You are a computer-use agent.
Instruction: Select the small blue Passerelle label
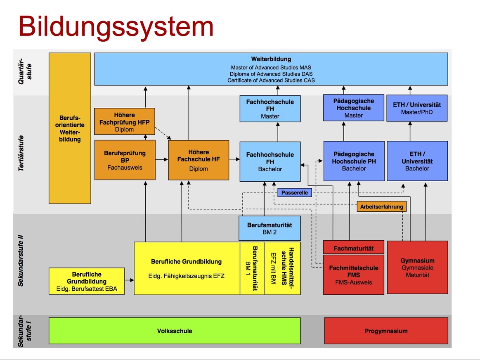295,192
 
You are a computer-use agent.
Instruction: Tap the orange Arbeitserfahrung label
381,206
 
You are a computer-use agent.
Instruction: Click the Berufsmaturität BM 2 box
270,228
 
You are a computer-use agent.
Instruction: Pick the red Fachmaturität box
353,248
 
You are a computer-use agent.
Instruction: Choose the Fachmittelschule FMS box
353,275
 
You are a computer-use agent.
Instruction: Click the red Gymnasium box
417,268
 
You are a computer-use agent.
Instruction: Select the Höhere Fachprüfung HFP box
124,121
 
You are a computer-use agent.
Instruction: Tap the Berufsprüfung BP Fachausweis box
125,160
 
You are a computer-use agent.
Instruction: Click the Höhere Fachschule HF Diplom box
199,160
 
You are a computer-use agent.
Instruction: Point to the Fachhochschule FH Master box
270,109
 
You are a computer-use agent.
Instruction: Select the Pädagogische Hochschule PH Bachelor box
353,161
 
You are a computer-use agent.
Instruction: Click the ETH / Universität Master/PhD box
417,108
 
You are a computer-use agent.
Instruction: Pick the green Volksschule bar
174,331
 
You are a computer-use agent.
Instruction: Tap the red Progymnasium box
386,331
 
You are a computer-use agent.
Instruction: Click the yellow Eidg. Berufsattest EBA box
86,281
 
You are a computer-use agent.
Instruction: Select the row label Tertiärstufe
21,153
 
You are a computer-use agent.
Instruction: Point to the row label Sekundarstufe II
21,261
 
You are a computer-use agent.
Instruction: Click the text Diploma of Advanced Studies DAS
271,74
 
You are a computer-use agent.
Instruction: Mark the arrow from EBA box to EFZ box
129,280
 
